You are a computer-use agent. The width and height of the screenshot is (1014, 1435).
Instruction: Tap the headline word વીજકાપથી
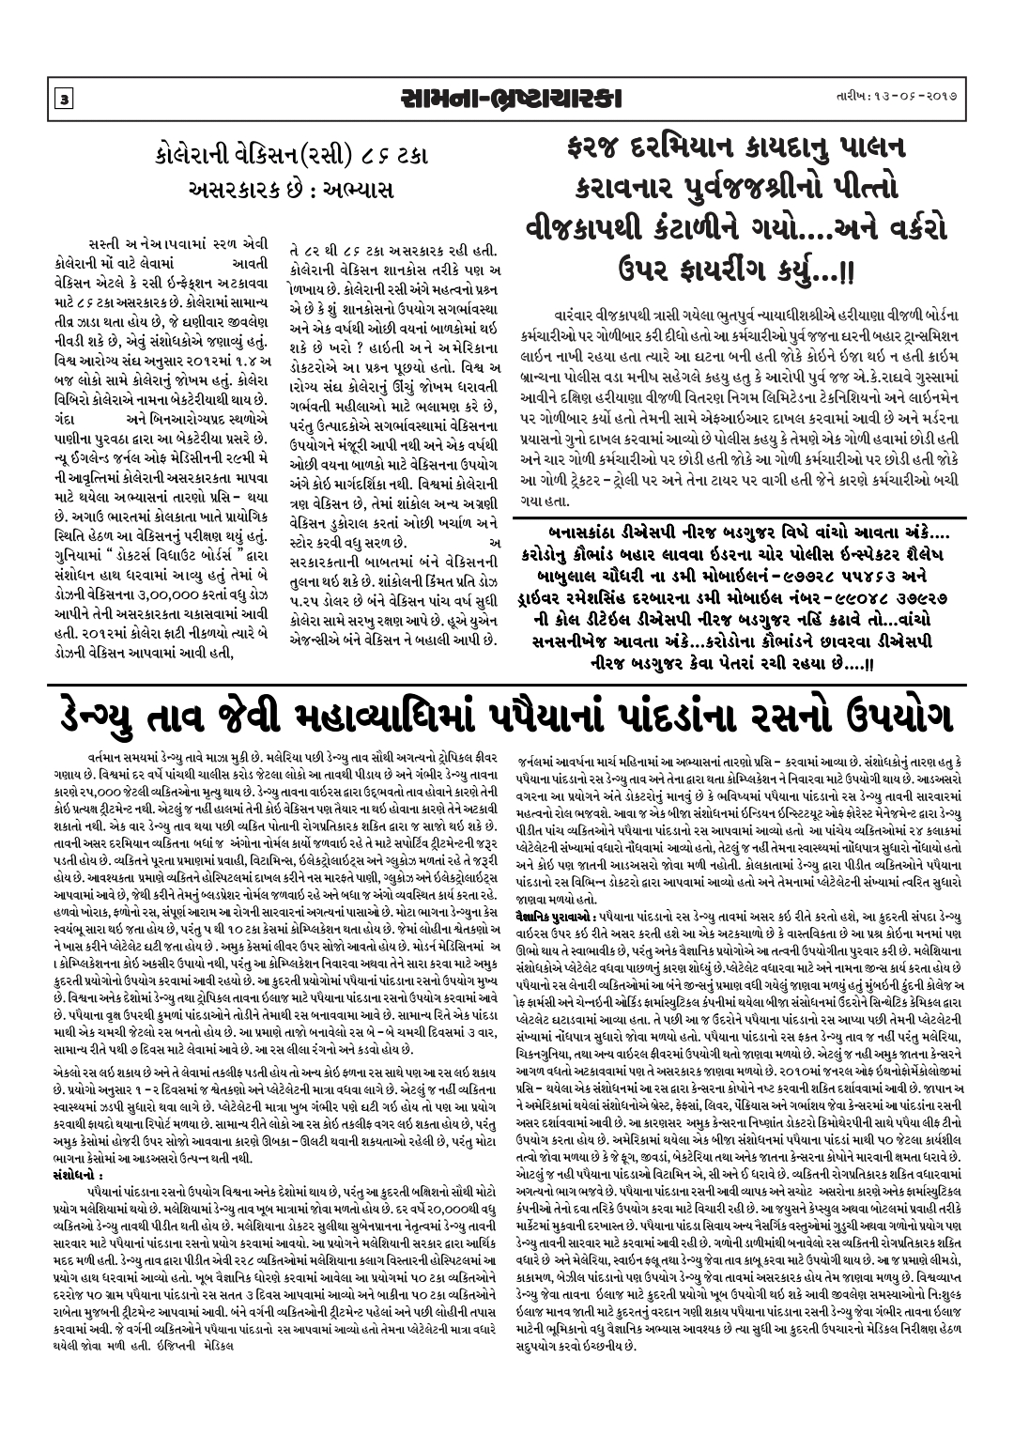pyautogui.click(x=590, y=236)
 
